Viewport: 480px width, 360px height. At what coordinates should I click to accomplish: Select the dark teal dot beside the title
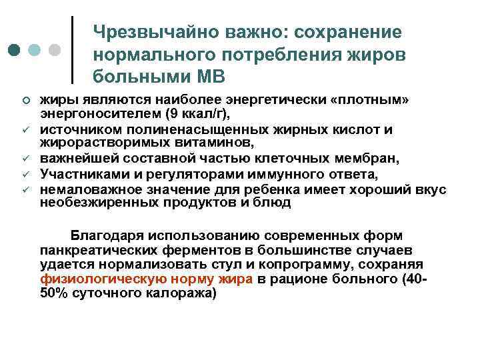coord(15,51)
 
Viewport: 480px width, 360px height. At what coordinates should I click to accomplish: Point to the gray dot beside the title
coord(55,51)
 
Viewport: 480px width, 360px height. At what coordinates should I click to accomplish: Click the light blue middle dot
coord(35,51)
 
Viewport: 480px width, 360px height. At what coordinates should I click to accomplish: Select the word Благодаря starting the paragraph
coord(103,235)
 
